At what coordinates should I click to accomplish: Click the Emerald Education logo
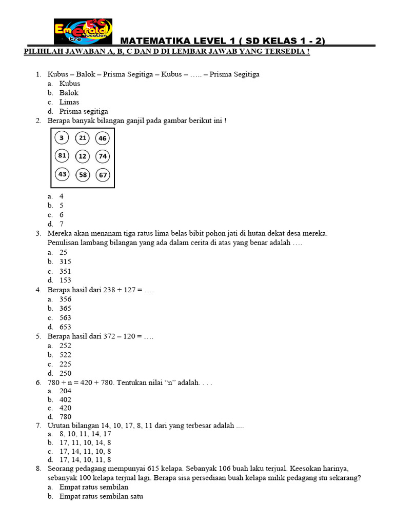coord(83,32)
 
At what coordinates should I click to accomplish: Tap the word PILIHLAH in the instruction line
coord(43,52)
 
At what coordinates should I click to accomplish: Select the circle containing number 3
coord(62,137)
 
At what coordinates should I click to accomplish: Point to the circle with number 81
coord(62,156)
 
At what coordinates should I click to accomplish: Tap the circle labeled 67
coord(103,175)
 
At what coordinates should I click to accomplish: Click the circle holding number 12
coord(82,156)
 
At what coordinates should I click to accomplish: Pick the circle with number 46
coord(103,138)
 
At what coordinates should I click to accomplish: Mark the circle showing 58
coord(82,175)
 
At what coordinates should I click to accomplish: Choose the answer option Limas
coord(69,102)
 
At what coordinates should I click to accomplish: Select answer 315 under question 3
coord(65,261)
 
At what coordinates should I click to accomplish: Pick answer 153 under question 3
coord(65,280)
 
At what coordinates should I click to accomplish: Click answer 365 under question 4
coord(65,308)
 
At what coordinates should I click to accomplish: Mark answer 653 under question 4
coord(65,327)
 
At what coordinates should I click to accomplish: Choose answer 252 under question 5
coord(65,346)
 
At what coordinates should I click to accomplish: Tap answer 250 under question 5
coord(65,373)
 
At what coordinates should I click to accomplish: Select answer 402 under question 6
coord(65,399)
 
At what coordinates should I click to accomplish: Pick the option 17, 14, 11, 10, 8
coord(85,451)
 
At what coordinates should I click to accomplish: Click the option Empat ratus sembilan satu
coord(102,496)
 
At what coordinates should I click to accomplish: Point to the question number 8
coord(38,469)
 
